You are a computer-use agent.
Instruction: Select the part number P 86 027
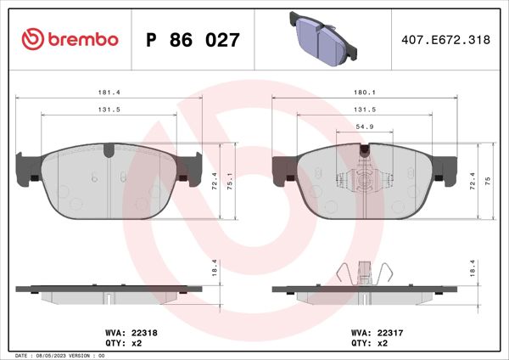193,39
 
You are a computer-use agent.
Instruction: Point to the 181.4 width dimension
109,93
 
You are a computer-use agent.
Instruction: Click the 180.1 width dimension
364,93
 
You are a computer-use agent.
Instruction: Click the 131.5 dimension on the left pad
109,109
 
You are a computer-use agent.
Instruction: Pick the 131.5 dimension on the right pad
364,109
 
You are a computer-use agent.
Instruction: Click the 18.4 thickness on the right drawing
473,267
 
